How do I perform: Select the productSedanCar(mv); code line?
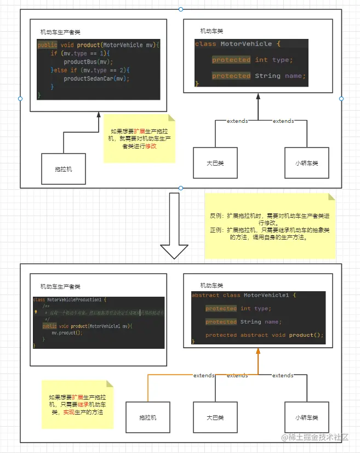[x=96, y=78]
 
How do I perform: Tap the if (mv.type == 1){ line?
[x=81, y=53]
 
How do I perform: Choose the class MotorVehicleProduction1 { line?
[x=70, y=299]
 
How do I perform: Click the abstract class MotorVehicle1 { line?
[x=244, y=295]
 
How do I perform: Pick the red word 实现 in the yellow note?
[x=68, y=412]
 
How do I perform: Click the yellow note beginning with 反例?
[x=270, y=226]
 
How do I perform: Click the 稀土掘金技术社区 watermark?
[x=319, y=437]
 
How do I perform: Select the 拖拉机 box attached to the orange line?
[x=148, y=417]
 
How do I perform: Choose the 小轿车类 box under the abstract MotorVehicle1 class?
[x=306, y=417]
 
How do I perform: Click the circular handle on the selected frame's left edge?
[x=20, y=99]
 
